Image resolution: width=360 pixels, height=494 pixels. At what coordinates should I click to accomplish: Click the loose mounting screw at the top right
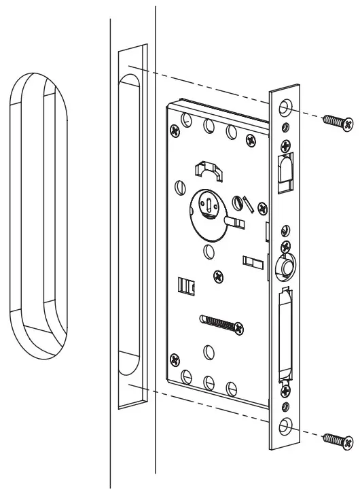pyautogui.click(x=338, y=122)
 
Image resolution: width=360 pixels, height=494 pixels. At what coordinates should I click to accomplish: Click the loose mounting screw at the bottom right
pyautogui.click(x=338, y=440)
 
